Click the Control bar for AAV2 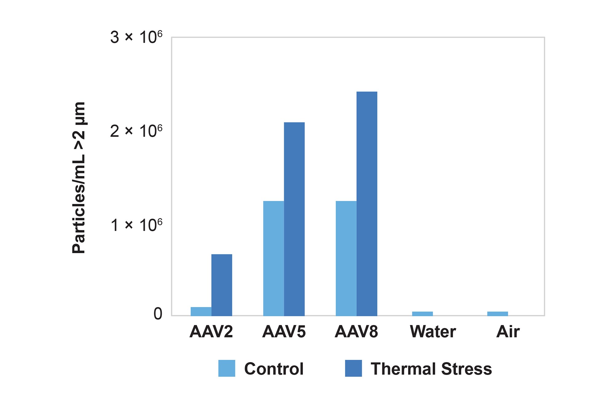[201, 311]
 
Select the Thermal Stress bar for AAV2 [221, 285]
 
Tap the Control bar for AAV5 [273, 258]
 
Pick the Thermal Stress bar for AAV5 [294, 219]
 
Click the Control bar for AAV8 [346, 258]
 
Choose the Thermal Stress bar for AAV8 [367, 204]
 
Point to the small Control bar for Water [422, 314]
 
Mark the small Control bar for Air [497, 314]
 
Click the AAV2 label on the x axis [211, 332]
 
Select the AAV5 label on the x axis [284, 332]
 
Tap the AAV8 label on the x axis [356, 332]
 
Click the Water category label [433, 332]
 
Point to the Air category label [508, 332]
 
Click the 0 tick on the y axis [158, 314]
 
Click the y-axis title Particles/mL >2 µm [79, 177]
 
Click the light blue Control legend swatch [227, 368]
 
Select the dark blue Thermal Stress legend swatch [353, 368]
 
